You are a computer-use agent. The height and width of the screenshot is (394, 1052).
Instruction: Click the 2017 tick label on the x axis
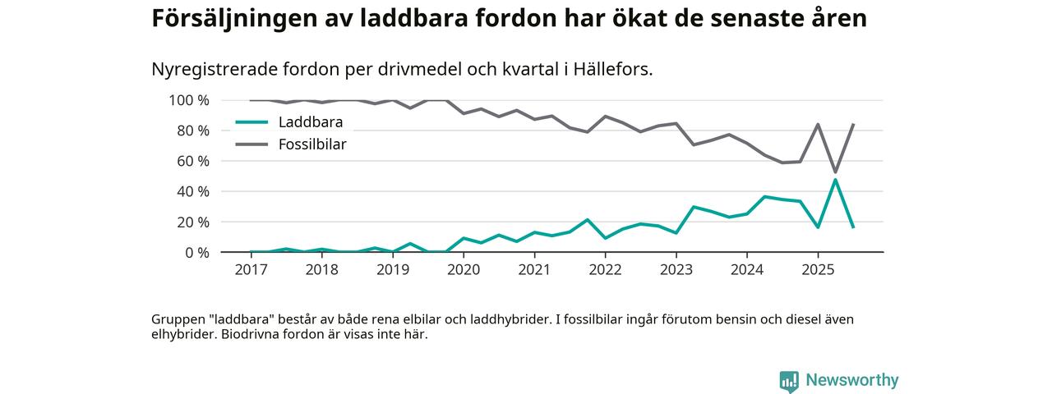click(x=251, y=270)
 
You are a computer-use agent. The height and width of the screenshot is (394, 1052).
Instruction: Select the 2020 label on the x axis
click(x=464, y=270)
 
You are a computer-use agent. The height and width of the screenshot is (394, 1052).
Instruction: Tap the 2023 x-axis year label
click(x=676, y=270)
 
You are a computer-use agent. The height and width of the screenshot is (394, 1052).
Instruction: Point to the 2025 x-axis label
click(x=817, y=270)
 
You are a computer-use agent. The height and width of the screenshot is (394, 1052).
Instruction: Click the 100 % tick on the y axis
click(x=189, y=100)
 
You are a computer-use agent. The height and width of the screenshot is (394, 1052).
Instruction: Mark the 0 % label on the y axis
click(x=196, y=252)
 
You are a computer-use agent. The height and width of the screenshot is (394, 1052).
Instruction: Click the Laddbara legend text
click(x=310, y=122)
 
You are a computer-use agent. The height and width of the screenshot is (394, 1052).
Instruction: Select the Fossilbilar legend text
click(x=312, y=144)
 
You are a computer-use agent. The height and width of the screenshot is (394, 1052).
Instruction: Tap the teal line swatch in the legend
click(x=251, y=122)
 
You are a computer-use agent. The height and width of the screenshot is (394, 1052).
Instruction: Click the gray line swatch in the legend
click(x=251, y=144)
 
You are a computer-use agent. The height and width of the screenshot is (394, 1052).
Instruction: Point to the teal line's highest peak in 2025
click(x=835, y=180)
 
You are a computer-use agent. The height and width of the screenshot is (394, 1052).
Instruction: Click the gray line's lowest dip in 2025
click(x=835, y=172)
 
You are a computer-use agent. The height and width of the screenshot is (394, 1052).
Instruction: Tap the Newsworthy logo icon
click(x=789, y=381)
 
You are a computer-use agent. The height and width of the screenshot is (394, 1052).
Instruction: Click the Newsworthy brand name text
click(x=851, y=380)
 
